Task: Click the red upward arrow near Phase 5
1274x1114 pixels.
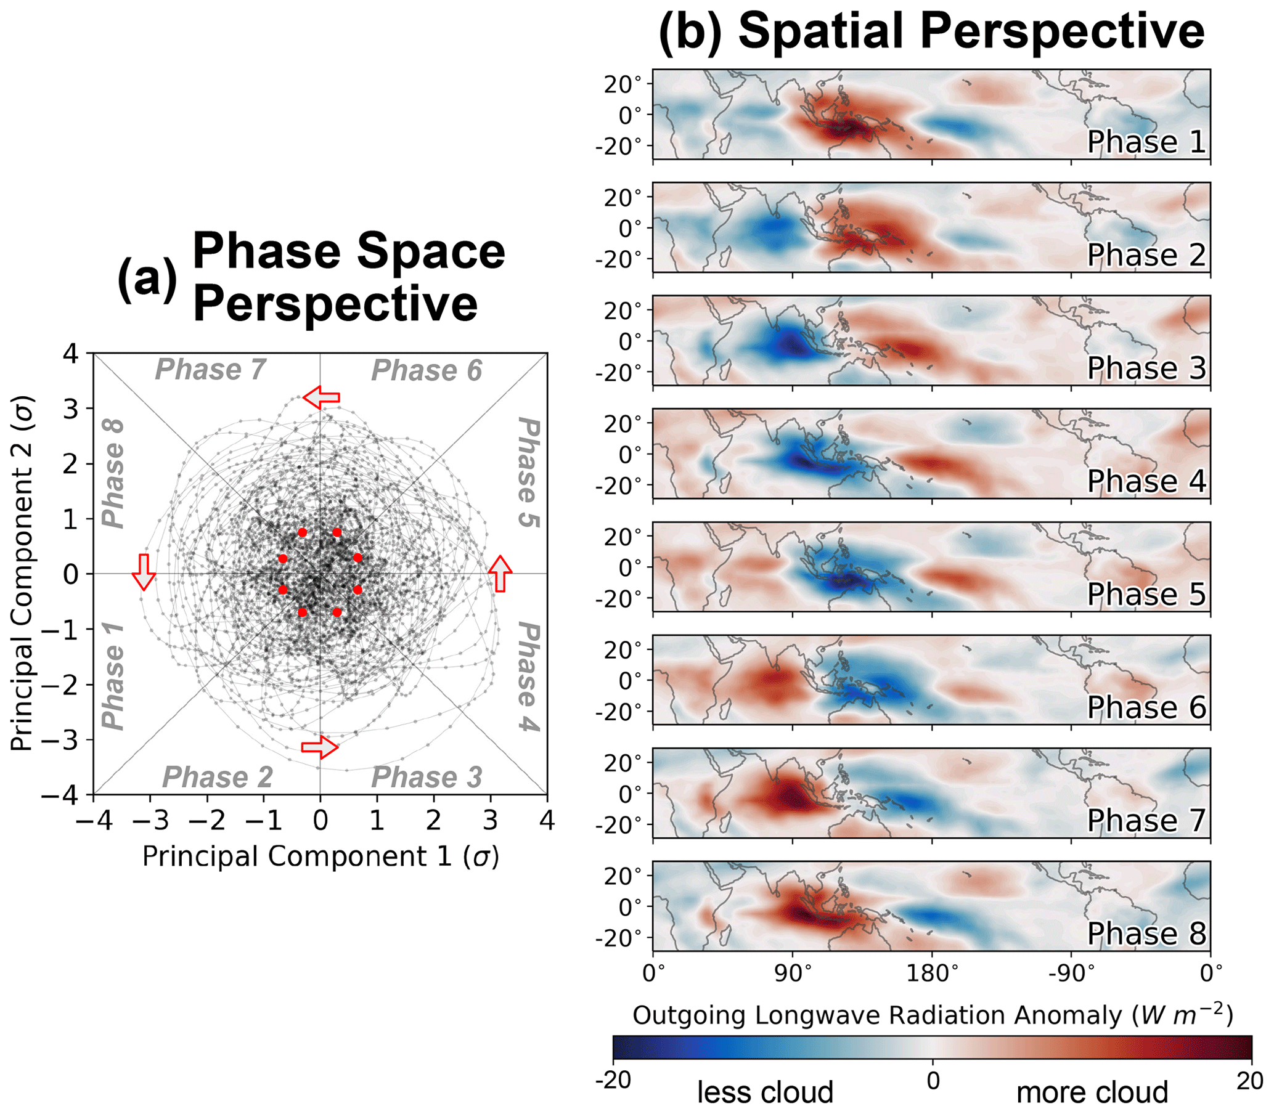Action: coord(500,573)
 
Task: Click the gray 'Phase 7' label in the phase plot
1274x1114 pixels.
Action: coord(210,370)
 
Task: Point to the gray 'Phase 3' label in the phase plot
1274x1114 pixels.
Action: coord(427,777)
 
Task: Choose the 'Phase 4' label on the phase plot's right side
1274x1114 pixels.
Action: coord(528,677)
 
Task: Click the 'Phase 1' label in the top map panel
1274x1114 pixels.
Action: coord(1146,142)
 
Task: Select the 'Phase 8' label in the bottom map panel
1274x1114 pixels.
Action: coord(1146,933)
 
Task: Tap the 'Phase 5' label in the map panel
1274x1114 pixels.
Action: coord(1146,595)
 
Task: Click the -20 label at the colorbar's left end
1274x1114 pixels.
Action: coord(613,1081)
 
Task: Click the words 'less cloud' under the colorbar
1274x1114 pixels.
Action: coord(765,1093)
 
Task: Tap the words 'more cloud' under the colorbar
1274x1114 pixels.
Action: coord(1092,1093)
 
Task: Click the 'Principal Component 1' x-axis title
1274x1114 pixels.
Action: coord(321,856)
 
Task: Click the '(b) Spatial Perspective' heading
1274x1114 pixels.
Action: coord(931,32)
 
